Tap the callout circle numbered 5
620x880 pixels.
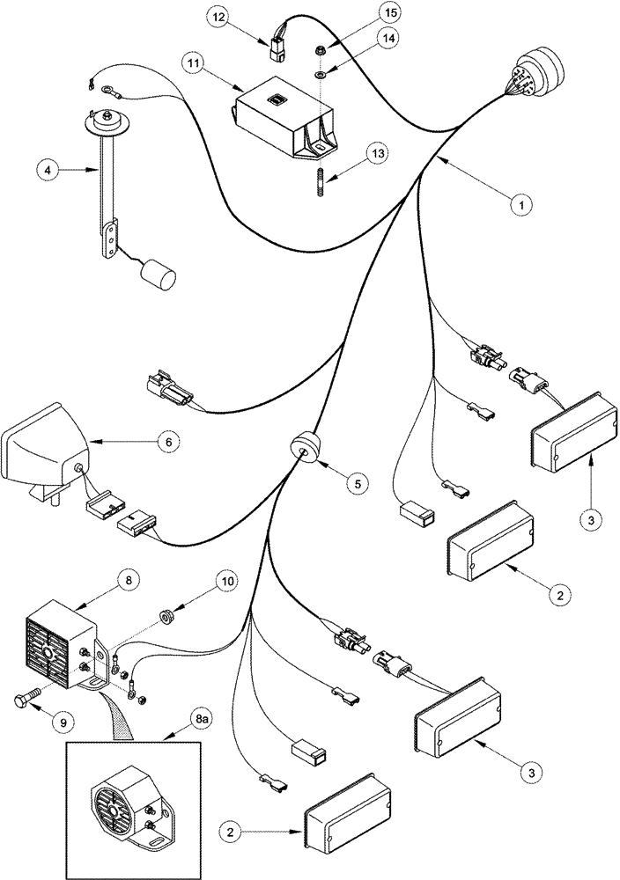(x=357, y=482)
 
